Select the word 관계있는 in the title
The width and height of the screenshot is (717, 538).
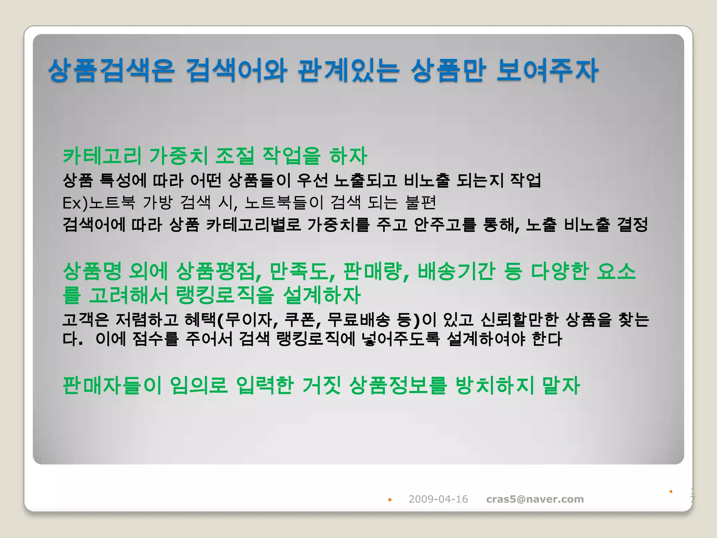coord(348,71)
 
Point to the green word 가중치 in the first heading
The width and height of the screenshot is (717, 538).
coord(179,156)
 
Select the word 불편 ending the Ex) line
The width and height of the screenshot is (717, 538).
coord(420,202)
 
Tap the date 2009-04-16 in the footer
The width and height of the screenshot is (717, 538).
coord(438,499)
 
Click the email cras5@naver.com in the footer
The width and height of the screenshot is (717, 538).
coord(535,499)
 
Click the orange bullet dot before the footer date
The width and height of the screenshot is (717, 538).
coord(390,500)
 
